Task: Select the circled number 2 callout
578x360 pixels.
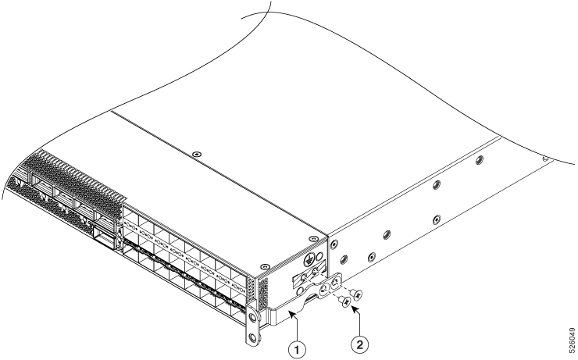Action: pos(359,345)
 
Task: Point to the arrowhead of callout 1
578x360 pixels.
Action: pos(291,313)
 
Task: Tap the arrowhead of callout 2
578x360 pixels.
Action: pos(354,308)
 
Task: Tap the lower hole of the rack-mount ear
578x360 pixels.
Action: pos(252,337)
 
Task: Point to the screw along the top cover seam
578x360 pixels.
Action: pos(197,154)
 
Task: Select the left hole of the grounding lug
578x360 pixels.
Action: pos(324,289)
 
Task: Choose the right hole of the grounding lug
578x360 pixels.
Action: pos(335,283)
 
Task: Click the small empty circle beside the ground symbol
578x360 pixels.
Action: pos(320,255)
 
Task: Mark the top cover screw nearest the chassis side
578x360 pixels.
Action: pos(313,239)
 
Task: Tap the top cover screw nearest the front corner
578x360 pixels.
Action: pos(263,266)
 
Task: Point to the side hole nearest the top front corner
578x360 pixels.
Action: pos(334,244)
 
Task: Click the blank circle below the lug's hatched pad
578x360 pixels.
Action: pos(301,288)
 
